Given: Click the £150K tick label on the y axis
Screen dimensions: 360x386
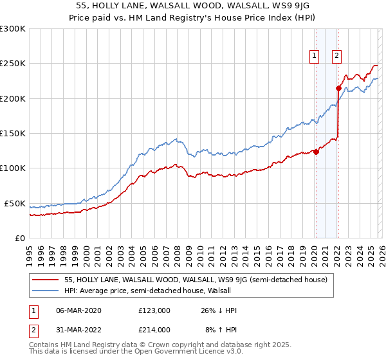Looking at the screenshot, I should tap(12, 133).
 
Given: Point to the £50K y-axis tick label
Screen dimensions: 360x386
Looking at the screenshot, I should tap(15, 203).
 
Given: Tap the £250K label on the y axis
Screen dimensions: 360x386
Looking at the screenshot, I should tap(12, 64).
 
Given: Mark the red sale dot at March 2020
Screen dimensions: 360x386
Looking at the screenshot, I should tap(316, 152).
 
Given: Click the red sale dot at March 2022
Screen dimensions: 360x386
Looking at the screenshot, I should tap(338, 89).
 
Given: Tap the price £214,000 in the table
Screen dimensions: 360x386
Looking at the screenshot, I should tap(154, 329).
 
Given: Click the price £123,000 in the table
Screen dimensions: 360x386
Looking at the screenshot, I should tap(154, 310).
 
